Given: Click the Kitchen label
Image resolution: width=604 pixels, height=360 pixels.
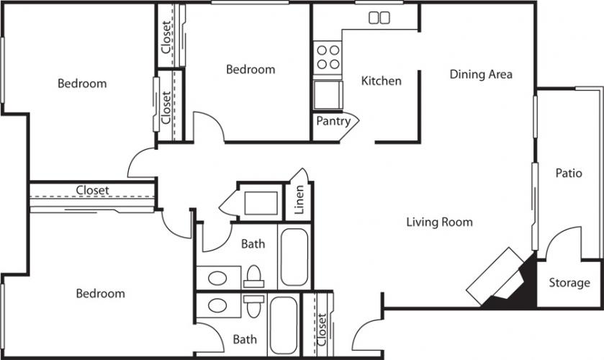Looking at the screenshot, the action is point(381,81).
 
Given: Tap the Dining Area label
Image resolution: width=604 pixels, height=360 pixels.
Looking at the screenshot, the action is point(481,74).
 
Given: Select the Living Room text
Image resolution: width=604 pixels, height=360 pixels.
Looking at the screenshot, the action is point(440,222).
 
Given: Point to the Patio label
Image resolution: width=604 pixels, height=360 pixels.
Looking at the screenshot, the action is point(569,173).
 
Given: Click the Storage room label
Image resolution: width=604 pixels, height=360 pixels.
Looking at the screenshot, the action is point(569,282).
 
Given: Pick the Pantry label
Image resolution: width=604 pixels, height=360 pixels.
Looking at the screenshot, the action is point(333,121).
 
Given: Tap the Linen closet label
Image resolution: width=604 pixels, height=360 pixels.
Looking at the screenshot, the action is point(299,199).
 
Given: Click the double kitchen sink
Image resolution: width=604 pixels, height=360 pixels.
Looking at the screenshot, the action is point(379,17).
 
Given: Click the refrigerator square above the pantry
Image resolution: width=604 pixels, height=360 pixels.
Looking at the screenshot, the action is point(328,95).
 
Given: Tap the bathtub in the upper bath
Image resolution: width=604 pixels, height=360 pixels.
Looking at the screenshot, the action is point(294,257).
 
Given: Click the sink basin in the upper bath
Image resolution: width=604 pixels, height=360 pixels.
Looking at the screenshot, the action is point(217,277).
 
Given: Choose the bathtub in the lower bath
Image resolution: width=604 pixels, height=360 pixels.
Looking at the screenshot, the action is point(283,325).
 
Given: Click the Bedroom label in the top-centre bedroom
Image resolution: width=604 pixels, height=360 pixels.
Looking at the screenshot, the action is point(251,69).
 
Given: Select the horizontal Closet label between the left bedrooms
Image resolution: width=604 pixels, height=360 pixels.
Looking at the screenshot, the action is point(92,190).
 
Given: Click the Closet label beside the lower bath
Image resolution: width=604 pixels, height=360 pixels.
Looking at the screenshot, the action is point(322,330).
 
